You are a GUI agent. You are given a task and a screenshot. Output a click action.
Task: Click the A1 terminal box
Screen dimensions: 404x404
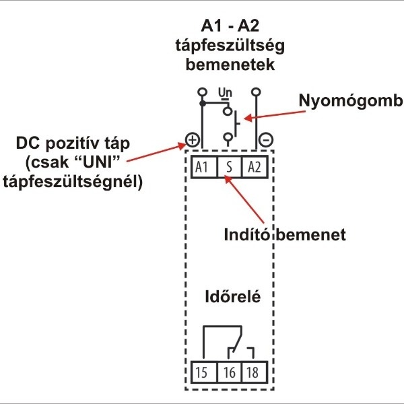point(204,167)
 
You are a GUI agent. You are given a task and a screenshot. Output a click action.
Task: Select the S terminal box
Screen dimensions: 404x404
point(230,167)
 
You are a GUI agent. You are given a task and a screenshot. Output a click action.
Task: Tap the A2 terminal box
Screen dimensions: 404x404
point(255,167)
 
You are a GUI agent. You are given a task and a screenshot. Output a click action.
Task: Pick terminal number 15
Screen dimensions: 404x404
point(204,372)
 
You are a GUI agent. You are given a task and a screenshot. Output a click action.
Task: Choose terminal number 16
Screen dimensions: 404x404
point(230,372)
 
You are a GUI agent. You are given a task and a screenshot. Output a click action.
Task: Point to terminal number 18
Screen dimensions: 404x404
point(255,372)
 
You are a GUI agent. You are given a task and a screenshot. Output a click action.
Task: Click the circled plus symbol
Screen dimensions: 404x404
point(193,140)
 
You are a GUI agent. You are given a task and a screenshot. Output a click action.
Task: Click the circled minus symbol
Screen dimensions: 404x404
point(266,140)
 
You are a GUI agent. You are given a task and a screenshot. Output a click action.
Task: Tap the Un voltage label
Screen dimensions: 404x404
point(225,92)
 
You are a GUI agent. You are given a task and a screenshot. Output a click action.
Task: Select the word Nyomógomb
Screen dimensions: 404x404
point(351,101)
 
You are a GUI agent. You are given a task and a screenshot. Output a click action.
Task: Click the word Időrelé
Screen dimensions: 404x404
point(233,296)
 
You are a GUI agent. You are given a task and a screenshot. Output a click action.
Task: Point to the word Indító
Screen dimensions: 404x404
point(247,235)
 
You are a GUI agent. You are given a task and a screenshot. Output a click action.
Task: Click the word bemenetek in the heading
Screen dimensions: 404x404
point(230,65)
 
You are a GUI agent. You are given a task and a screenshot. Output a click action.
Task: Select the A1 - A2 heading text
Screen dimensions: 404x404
point(230,26)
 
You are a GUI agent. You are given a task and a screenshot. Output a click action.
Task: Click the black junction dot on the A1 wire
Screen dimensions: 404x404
point(203,104)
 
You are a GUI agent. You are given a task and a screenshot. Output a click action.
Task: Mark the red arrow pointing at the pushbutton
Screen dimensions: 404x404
point(275,115)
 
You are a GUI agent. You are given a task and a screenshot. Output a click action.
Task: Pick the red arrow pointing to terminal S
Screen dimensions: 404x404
point(244,199)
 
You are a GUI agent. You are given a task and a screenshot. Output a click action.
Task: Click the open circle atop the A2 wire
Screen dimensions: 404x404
point(256,92)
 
